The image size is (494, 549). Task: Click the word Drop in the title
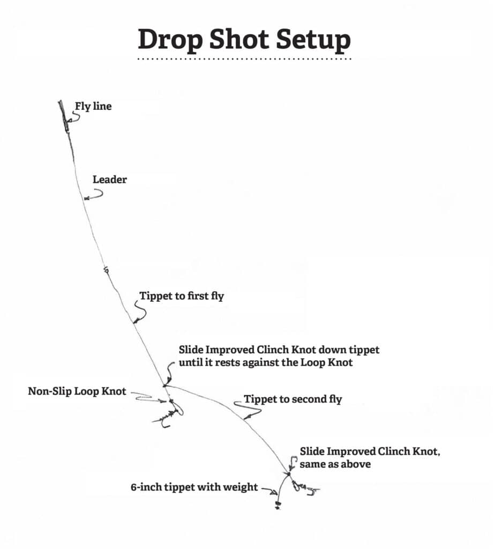170,40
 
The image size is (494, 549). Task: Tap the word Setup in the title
313,40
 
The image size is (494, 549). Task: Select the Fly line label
93,106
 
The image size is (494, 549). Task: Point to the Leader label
109,179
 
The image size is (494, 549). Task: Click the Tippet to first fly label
182,296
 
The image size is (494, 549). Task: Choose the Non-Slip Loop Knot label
77,391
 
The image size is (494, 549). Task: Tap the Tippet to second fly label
293,399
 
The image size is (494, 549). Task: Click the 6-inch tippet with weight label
194,487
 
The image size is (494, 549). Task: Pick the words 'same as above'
335,464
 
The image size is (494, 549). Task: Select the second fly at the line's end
305,488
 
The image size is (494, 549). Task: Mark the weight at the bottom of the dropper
278,505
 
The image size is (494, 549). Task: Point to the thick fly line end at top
63,116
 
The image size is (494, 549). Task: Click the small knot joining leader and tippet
106,270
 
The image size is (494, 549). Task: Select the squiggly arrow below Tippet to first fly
140,310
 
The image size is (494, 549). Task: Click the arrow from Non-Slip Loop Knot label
149,398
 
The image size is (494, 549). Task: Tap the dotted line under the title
244,59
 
